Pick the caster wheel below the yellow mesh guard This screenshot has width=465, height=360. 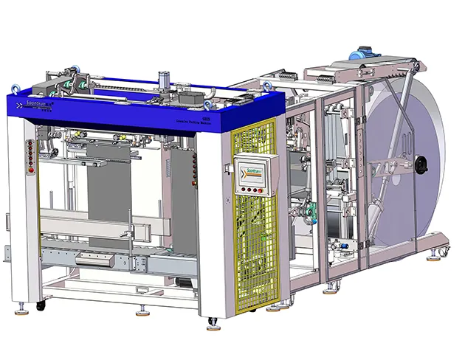point(214,322)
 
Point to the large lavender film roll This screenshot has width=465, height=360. point(410,162)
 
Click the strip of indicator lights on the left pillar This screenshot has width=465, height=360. point(29,155)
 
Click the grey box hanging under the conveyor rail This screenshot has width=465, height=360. point(94,258)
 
